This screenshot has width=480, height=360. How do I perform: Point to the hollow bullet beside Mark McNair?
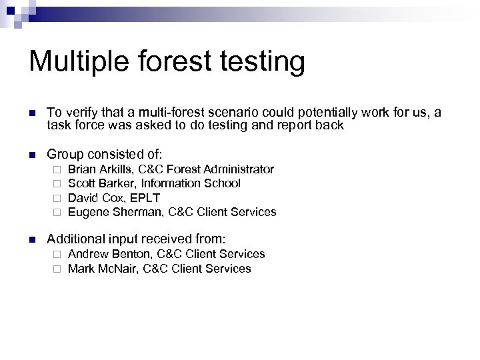pos(58,269)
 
